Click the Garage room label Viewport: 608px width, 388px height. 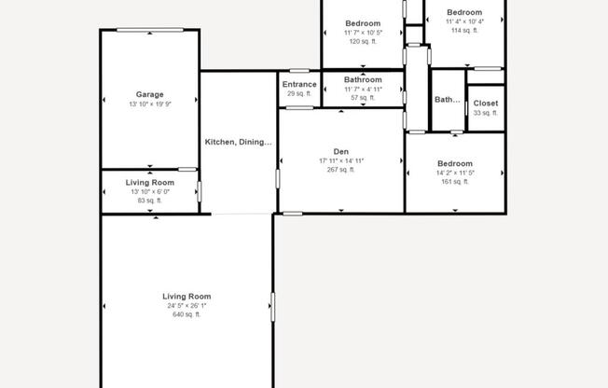click(x=150, y=94)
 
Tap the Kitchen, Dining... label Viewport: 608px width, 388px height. click(x=239, y=142)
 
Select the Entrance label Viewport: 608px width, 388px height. click(x=299, y=84)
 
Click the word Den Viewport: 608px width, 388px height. click(x=341, y=151)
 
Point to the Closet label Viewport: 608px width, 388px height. click(x=485, y=103)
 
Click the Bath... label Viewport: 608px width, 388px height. click(x=448, y=100)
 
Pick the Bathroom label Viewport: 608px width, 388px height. click(x=363, y=80)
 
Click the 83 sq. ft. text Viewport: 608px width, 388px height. click(x=150, y=201)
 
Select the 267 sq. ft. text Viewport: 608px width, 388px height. click(x=341, y=170)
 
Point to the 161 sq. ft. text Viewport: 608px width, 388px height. click(x=455, y=182)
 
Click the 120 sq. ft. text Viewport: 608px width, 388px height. click(x=363, y=41)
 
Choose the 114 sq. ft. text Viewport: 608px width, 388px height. click(x=463, y=30)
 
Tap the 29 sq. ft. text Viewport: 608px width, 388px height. click(x=299, y=93)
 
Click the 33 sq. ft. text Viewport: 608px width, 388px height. click(x=485, y=113)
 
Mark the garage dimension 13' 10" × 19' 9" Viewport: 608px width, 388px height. click(x=150, y=104)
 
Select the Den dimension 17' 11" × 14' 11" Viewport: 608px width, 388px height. click(x=341, y=160)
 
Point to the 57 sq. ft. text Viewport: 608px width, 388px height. click(x=363, y=98)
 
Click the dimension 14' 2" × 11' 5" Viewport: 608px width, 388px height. click(x=455, y=173)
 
